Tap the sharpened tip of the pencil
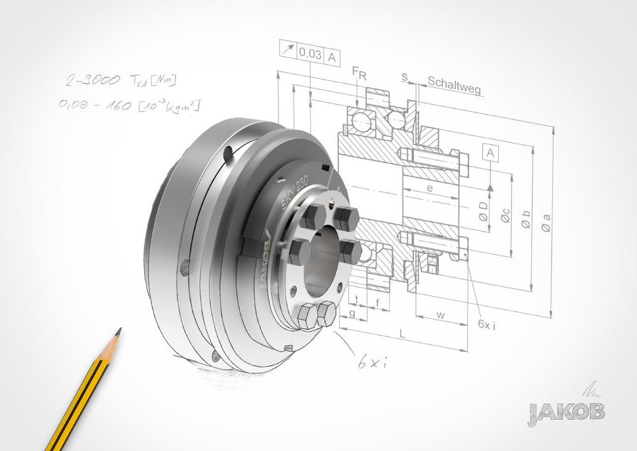click(119, 330)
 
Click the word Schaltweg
click(454, 82)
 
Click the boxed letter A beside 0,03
click(333, 56)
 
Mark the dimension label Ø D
click(484, 214)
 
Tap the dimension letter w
click(440, 314)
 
